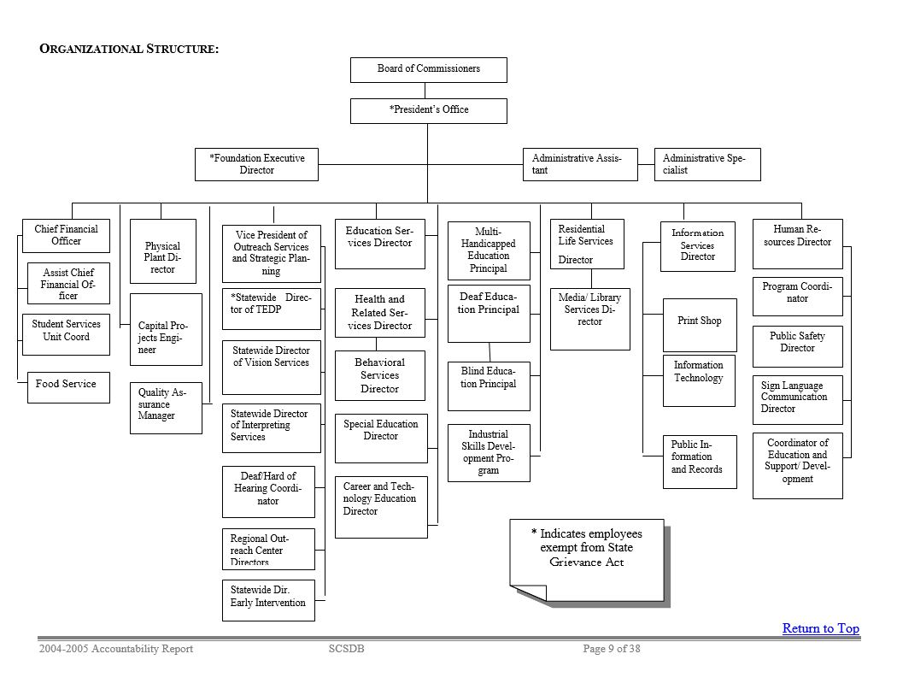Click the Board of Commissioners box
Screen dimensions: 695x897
(x=428, y=69)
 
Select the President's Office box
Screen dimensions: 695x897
(x=428, y=110)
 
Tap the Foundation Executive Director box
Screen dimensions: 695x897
(x=256, y=164)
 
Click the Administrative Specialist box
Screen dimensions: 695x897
(x=707, y=164)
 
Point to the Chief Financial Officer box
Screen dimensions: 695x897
(x=66, y=235)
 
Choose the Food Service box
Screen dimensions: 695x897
(x=67, y=387)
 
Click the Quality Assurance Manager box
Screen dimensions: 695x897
(x=165, y=407)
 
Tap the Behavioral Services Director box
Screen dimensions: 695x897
(x=380, y=375)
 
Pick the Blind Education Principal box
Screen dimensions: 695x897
(x=489, y=386)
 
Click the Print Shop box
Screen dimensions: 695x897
(x=699, y=325)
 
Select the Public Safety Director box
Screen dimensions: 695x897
(x=797, y=345)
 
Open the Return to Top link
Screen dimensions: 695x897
(x=820, y=628)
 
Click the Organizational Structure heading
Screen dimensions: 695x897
(x=129, y=49)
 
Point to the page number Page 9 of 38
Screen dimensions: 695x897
(x=611, y=649)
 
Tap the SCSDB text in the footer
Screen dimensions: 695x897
(x=346, y=649)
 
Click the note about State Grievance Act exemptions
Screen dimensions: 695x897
(x=587, y=551)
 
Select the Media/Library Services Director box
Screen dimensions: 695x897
(x=589, y=318)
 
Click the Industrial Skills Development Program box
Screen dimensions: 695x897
(x=489, y=452)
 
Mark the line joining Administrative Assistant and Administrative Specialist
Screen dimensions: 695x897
(x=646, y=164)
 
